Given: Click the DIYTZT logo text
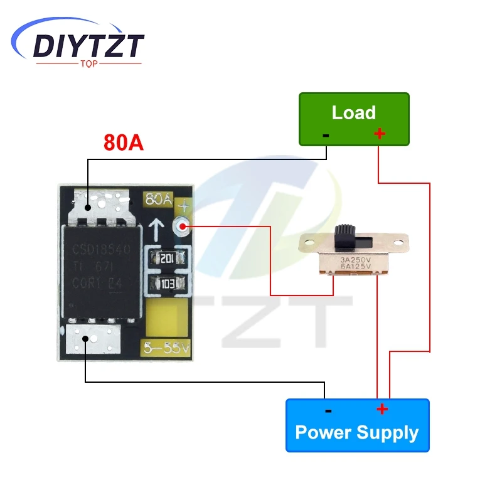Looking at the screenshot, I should click(88, 45).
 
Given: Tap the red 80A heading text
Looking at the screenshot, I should click(124, 142).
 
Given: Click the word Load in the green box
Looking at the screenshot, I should click(353, 113).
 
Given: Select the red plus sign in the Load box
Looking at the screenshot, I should click(379, 133).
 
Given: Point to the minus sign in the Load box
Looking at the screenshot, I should click(326, 134).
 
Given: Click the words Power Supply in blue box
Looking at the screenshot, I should click(356, 432).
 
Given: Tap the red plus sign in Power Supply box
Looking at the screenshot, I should click(382, 410).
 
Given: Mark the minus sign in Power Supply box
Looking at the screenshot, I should click(328, 411).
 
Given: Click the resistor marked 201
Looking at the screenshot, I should click(166, 257).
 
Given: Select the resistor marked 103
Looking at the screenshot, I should click(166, 283).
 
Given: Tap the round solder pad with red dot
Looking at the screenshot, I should click(183, 225).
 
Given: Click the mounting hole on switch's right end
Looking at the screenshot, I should click(399, 242).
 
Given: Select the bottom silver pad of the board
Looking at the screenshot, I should click(93, 339).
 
